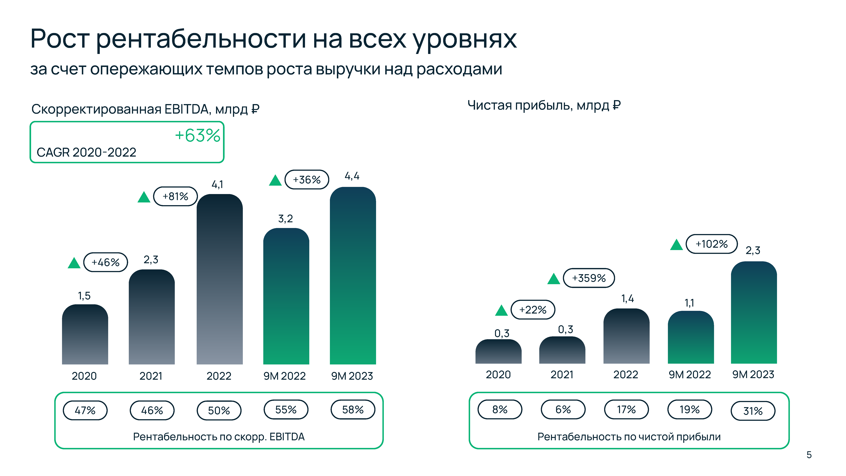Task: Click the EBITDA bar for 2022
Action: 219,279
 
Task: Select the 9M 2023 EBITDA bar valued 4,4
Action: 353,276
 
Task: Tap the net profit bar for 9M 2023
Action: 754,312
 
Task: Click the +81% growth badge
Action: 175,196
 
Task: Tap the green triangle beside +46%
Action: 74,263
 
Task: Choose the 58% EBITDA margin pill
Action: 353,410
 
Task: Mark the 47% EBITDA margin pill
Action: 85,410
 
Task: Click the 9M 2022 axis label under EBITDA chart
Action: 284,376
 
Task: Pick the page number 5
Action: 809,455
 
